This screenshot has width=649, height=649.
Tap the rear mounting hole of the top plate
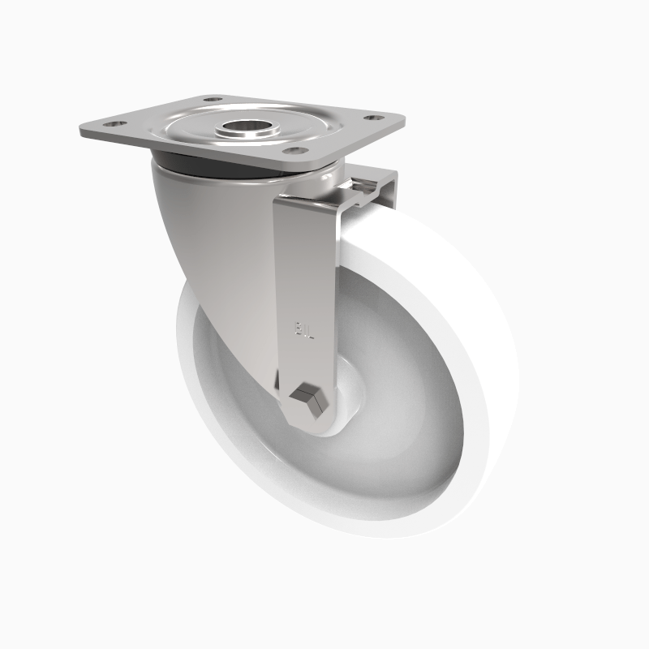(213, 100)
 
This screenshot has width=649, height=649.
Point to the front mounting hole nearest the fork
(297, 150)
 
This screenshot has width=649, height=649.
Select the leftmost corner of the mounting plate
(82, 131)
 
